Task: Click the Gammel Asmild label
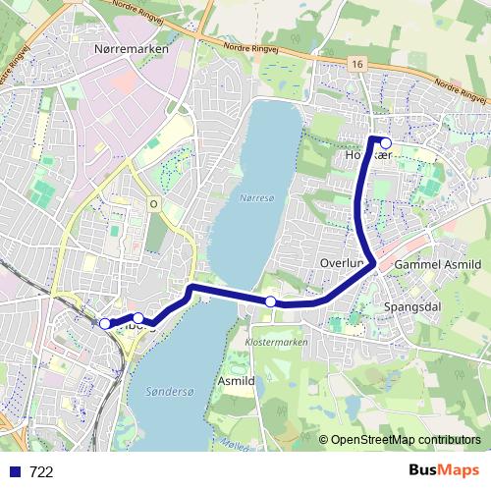click(x=437, y=265)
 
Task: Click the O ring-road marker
click(x=152, y=203)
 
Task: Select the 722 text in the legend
click(x=41, y=472)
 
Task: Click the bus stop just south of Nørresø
click(x=270, y=300)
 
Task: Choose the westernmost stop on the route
click(x=105, y=323)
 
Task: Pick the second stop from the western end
click(x=138, y=318)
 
